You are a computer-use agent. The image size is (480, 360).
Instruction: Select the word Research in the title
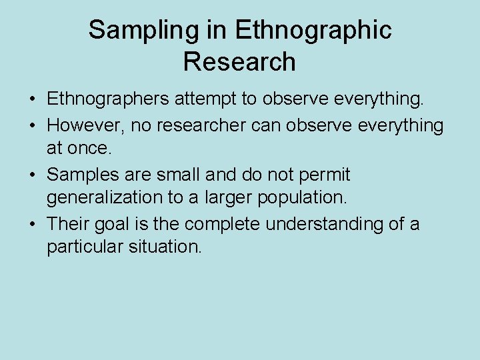click(239, 62)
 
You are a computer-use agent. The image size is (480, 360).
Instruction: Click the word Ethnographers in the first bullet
click(107, 100)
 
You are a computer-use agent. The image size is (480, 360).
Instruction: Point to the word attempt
click(206, 100)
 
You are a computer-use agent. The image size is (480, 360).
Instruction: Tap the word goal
click(113, 223)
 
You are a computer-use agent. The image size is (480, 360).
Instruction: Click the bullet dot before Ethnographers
click(32, 101)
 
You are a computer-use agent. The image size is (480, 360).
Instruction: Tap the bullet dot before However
click(32, 125)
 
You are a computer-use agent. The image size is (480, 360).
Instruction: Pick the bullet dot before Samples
click(32, 175)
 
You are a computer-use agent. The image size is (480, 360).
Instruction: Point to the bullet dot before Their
click(32, 224)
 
